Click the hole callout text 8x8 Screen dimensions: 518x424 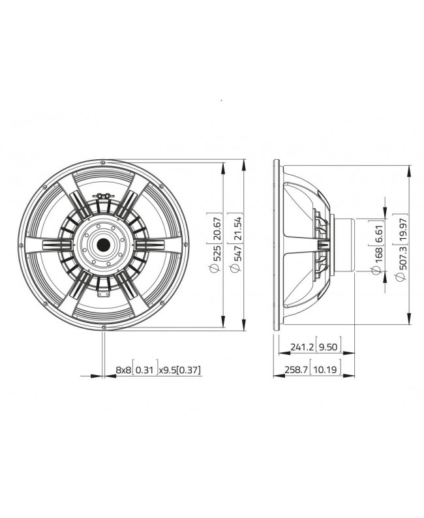(123, 370)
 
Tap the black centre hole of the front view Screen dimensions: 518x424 (103, 245)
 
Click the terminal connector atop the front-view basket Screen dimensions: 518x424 (103, 194)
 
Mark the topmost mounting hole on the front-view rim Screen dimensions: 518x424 (103, 162)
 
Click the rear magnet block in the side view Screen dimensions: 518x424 (344, 245)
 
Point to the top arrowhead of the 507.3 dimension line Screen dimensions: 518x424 (408, 168)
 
